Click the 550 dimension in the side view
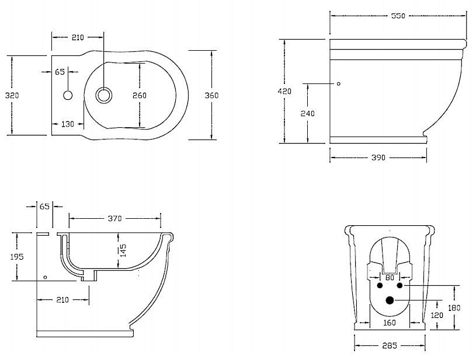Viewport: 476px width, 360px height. [x=398, y=16]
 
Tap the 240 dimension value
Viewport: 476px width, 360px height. [x=308, y=113]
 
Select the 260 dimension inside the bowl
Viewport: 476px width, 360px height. [x=139, y=95]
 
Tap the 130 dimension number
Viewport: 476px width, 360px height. [x=68, y=124]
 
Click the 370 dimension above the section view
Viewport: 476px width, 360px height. [x=114, y=219]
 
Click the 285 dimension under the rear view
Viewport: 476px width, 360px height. [x=390, y=346]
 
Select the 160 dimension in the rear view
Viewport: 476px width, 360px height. [x=390, y=322]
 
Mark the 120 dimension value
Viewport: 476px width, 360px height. [x=436, y=315]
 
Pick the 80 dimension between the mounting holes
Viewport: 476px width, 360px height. [x=390, y=278]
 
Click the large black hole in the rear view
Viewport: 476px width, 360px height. [x=390, y=300]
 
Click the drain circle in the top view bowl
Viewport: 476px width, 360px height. [x=103, y=95]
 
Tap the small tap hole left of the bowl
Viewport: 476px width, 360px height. [x=68, y=95]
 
